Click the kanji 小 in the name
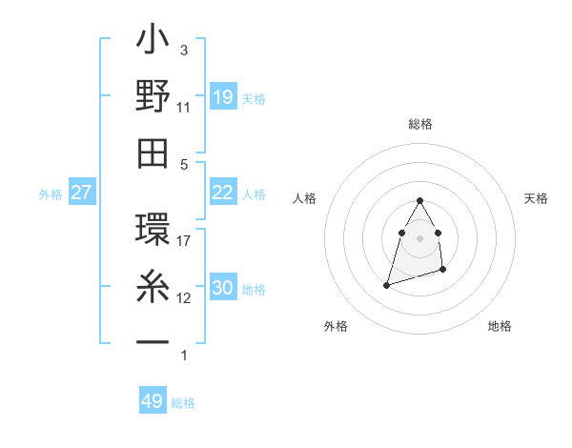[x=153, y=43]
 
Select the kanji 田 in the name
[x=153, y=153]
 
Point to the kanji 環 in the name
[x=153, y=232]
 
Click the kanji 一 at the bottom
[x=153, y=341]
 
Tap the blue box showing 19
[x=222, y=97]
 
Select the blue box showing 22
[x=222, y=193]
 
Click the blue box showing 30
[x=222, y=288]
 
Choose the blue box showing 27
[x=82, y=193]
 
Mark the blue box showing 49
[x=153, y=401]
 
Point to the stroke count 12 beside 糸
[x=184, y=298]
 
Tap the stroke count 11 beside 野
[x=184, y=107]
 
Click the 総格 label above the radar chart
[x=419, y=124]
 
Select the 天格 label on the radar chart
[x=537, y=198]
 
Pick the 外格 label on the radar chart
[x=336, y=326]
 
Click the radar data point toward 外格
[x=386, y=284]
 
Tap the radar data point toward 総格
[x=419, y=200]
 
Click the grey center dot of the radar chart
[x=419, y=237]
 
